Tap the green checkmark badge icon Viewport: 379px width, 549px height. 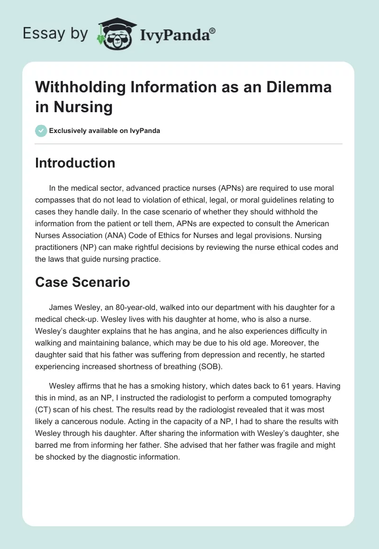[x=41, y=130]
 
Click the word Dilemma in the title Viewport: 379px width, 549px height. [x=298, y=87]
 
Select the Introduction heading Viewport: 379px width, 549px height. [x=75, y=163]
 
